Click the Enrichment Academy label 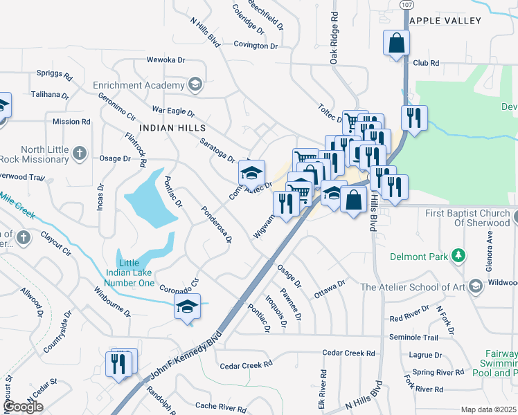point(139,85)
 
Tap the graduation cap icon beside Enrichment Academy point(195,85)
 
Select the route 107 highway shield point(406,5)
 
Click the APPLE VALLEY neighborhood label point(454,21)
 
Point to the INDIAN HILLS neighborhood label point(172,129)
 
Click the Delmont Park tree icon point(457,257)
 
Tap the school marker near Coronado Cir point(187,307)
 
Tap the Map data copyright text point(488,409)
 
